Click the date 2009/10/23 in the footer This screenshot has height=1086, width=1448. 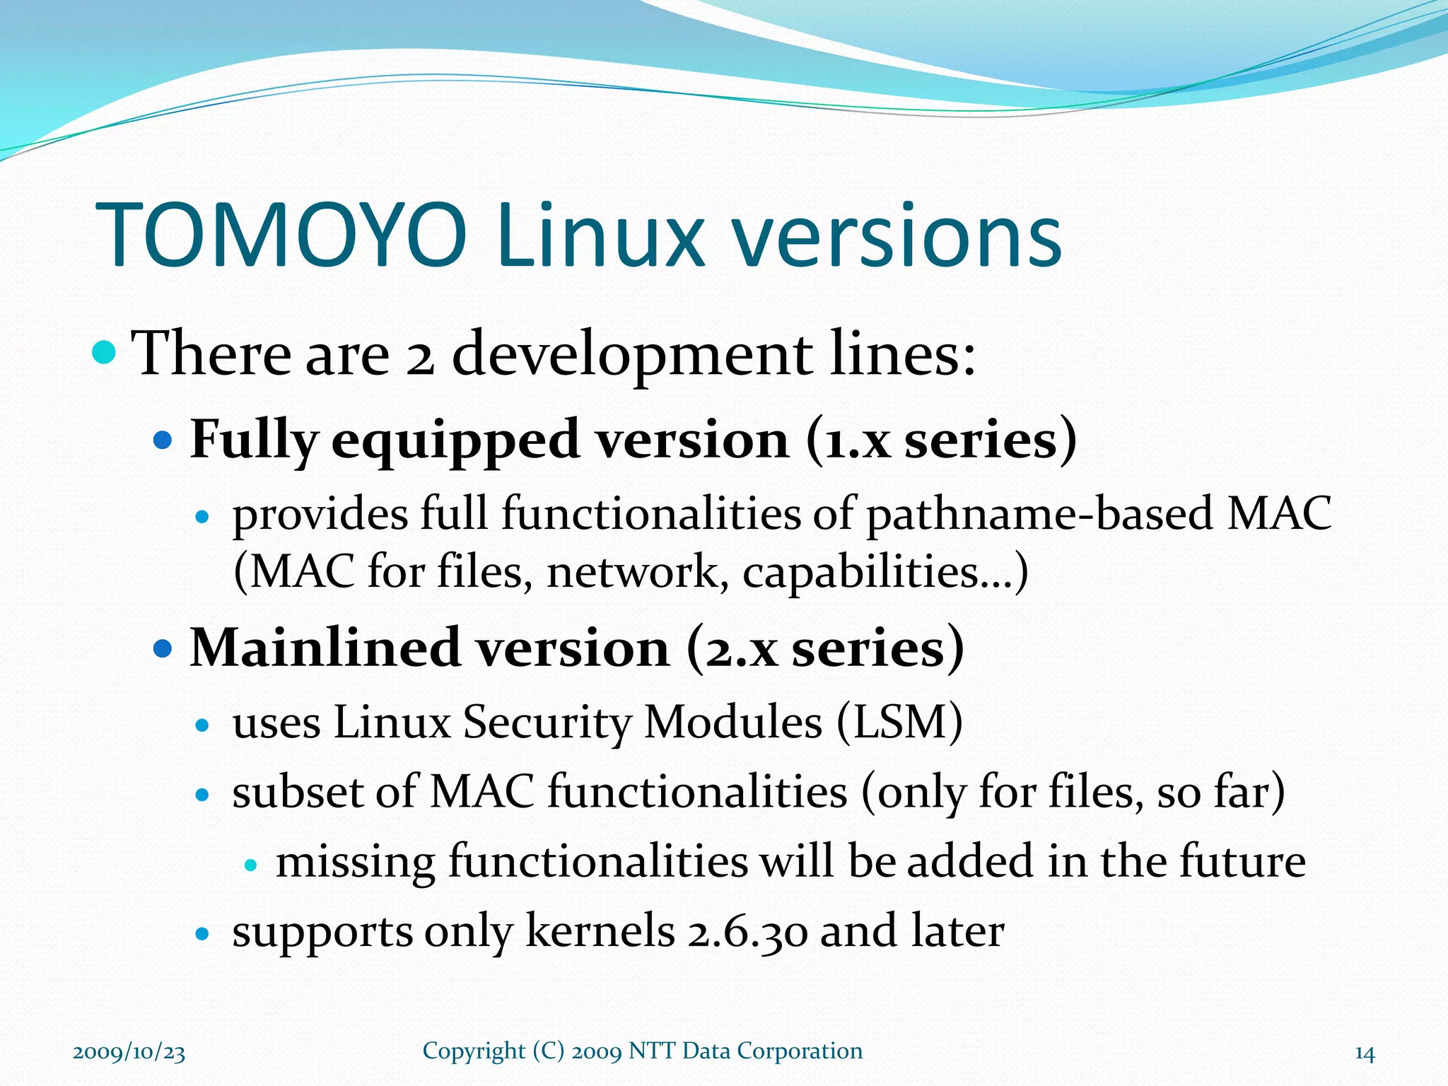pyautogui.click(x=129, y=1053)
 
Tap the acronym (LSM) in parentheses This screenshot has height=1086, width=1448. pyautogui.click(x=899, y=723)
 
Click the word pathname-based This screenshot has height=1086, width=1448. pyautogui.click(x=1040, y=514)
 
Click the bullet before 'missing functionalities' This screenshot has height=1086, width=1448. pyautogui.click(x=249, y=865)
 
